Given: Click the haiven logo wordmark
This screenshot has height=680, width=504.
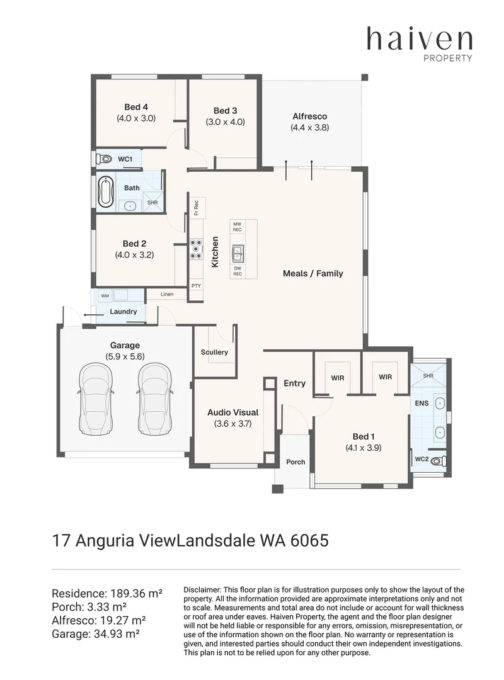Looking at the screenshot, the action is click(x=420, y=39).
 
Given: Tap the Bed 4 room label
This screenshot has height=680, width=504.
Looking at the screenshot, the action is click(x=136, y=106).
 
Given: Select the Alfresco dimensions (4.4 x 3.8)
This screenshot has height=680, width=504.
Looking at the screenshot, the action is click(x=309, y=127).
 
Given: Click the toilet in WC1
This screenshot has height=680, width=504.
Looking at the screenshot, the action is click(x=104, y=159).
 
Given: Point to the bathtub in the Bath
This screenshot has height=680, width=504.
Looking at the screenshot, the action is click(x=105, y=192).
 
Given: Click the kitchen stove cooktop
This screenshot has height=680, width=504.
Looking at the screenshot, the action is click(x=195, y=249).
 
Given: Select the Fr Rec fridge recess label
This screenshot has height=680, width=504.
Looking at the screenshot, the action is click(x=196, y=207).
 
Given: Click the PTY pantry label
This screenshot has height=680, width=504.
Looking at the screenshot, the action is click(x=196, y=286).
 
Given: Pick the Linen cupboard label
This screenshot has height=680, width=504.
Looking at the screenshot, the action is click(x=167, y=294).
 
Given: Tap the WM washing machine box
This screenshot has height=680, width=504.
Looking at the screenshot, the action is click(x=105, y=296).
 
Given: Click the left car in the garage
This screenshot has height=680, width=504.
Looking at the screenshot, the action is click(x=96, y=399).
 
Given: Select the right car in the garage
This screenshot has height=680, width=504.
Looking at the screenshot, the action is click(x=154, y=399).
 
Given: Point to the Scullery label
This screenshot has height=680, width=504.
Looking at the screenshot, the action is click(x=214, y=352).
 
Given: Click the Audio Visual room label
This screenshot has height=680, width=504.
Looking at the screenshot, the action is click(x=232, y=412).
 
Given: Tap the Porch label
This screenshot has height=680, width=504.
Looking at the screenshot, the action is click(x=295, y=462).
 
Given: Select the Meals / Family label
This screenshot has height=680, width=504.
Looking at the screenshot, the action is click(x=313, y=273).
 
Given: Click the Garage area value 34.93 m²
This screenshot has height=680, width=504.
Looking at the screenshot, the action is click(x=117, y=634).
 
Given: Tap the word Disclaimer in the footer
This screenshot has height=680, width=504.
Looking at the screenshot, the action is click(x=202, y=590).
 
